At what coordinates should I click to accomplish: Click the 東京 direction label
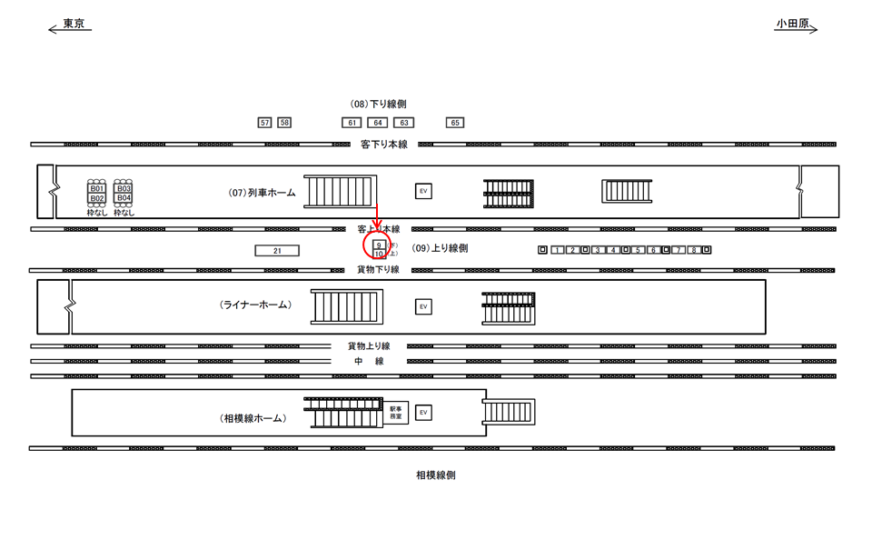pos(74,25)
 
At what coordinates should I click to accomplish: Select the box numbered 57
pos(264,123)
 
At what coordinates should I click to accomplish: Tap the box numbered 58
pos(284,123)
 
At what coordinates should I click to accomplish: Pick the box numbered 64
pos(377,123)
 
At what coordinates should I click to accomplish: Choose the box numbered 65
pos(455,123)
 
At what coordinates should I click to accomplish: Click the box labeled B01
pos(97,189)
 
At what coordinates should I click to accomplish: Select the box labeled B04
pos(124,198)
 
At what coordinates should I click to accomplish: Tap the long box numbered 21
pos(277,251)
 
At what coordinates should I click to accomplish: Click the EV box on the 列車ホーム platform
pos(423,191)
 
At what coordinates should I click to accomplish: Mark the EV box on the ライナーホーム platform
pos(423,307)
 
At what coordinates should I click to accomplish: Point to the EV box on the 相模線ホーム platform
pos(423,413)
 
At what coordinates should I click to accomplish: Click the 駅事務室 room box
pos(396,413)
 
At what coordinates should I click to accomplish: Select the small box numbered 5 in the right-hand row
pos(639,250)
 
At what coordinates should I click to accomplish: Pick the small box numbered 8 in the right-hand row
pos(693,250)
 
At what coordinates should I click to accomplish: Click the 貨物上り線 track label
pos(369,346)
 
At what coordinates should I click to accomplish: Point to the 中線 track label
pos(369,362)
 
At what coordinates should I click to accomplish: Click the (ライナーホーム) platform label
pos(255,305)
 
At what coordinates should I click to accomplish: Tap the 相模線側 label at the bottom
pos(436,475)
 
